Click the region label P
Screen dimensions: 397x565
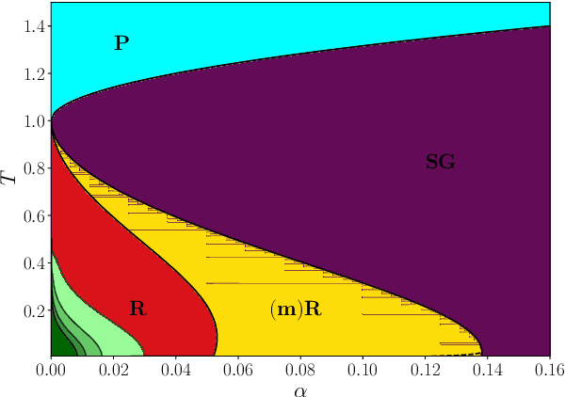pyautogui.click(x=121, y=42)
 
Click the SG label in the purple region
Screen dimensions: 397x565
pyautogui.click(x=440, y=163)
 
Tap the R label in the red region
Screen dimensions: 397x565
pyautogui.click(x=137, y=308)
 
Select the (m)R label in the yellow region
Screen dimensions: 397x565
pyautogui.click(x=295, y=308)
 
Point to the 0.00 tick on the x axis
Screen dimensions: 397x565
pyautogui.click(x=51, y=370)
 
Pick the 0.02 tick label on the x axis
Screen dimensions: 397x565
pyautogui.click(x=113, y=370)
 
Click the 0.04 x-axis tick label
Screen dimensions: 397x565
pyautogui.click(x=175, y=370)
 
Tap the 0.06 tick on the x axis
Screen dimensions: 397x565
pyautogui.click(x=238, y=370)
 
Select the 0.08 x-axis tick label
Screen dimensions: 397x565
pyautogui.click(x=300, y=370)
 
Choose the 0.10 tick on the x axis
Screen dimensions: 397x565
pyautogui.click(x=363, y=370)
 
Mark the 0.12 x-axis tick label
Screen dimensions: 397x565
pyautogui.click(x=426, y=370)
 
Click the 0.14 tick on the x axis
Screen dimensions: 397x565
pyautogui.click(x=488, y=370)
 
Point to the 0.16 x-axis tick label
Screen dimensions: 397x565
pyautogui.click(x=550, y=370)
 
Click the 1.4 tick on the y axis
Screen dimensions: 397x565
pyautogui.click(x=35, y=26)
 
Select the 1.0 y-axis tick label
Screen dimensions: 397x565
pyautogui.click(x=35, y=121)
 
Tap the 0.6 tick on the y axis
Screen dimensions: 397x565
pyautogui.click(x=35, y=216)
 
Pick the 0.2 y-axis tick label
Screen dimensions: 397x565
pyautogui.click(x=35, y=311)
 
